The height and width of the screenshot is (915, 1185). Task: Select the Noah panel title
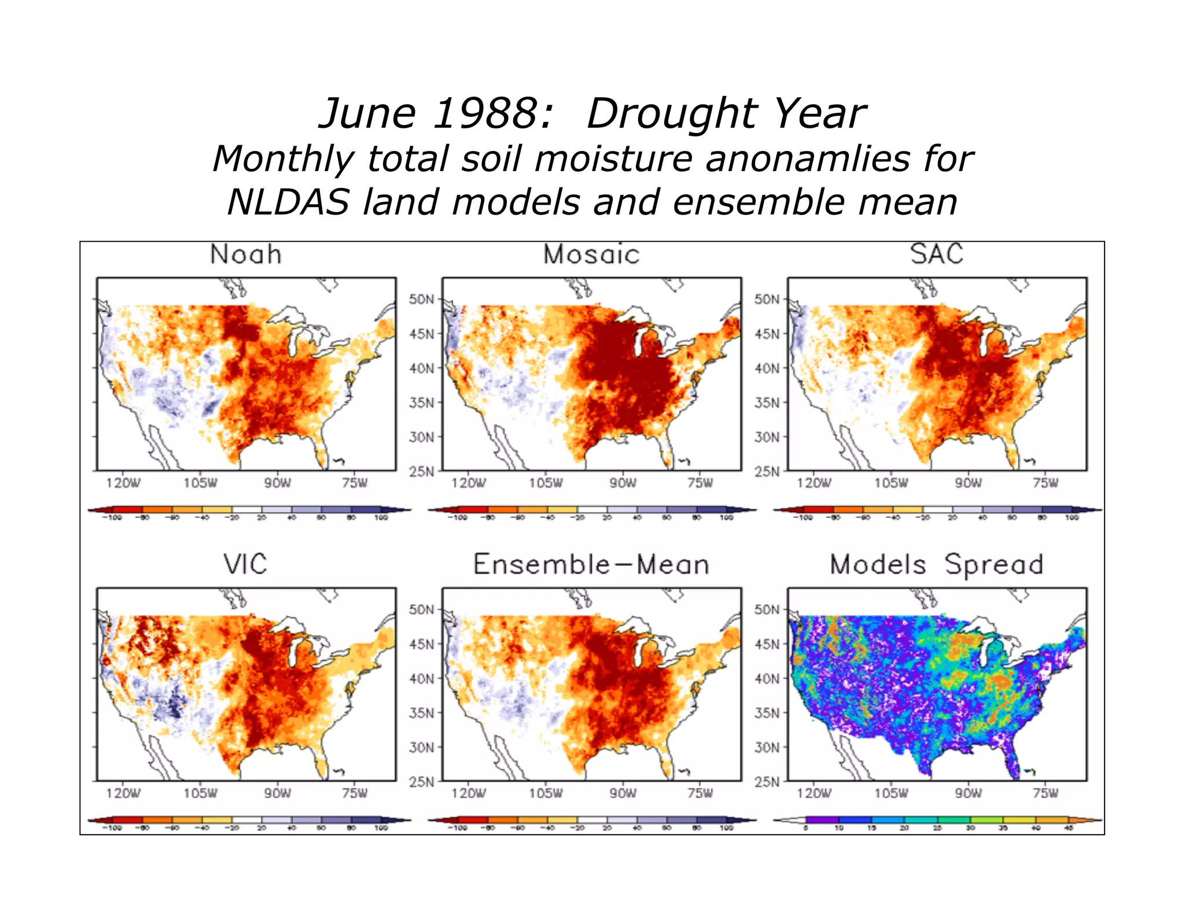pos(246,254)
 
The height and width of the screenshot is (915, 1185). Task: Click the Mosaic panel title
pos(591,254)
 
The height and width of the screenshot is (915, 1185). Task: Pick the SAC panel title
pos(936,254)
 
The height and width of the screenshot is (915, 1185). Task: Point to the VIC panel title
pos(246,564)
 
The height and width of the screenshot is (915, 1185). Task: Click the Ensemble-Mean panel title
pos(591,565)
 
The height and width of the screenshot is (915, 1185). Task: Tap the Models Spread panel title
pos(936,565)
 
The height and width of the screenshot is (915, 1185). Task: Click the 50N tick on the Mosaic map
pos(421,300)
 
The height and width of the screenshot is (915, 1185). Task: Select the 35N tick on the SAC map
pos(766,403)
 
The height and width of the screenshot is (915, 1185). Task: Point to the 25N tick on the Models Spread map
pos(766,782)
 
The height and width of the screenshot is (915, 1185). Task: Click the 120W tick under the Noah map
pos(123,483)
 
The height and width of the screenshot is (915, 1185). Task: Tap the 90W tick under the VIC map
pos(277,793)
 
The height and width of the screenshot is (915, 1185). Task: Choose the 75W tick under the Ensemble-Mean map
pos(700,793)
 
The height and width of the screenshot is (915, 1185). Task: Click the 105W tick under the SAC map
pos(891,483)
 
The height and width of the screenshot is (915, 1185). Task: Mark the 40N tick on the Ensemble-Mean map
pos(421,678)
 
